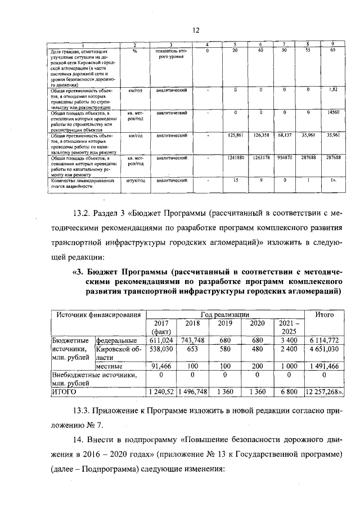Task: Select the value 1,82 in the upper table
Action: tap(333, 89)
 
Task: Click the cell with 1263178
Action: tap(262, 159)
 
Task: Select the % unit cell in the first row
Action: tap(135, 51)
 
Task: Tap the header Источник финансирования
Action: tap(95, 313)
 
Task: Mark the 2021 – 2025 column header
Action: tap(286, 327)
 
